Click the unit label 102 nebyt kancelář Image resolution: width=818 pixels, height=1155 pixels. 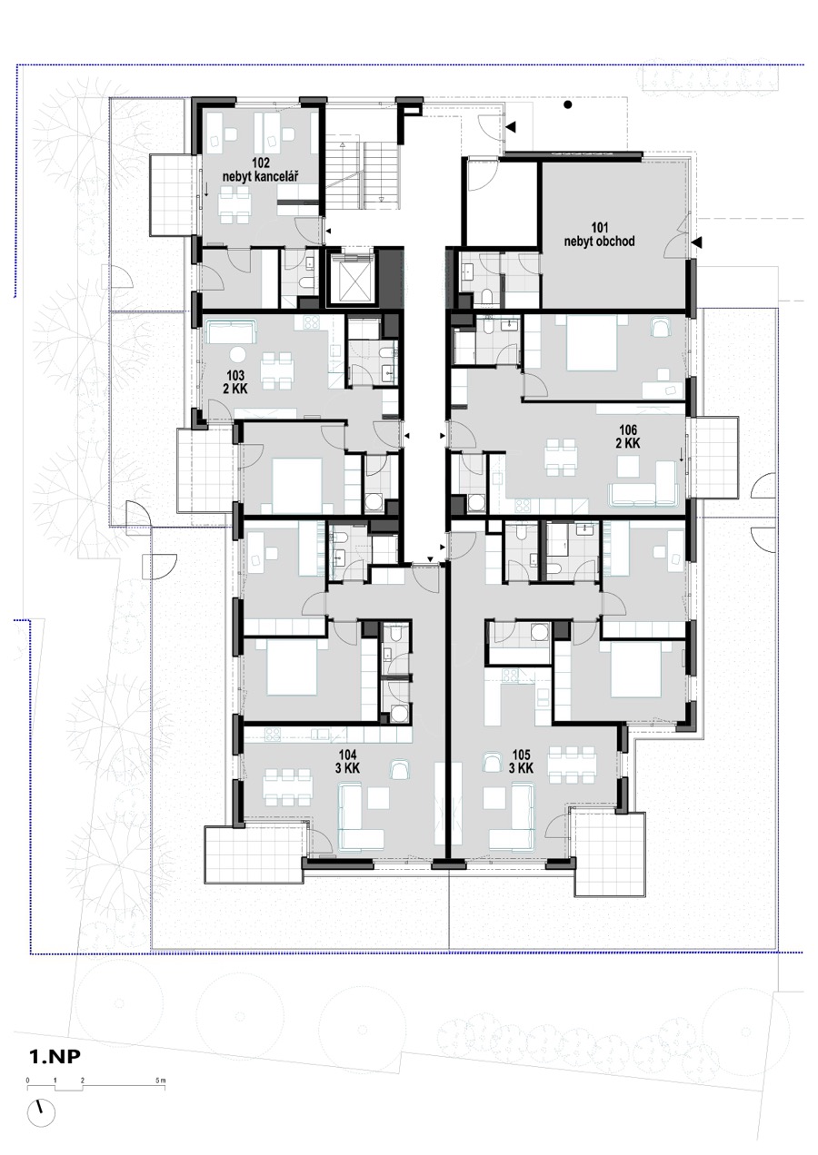pos(261,170)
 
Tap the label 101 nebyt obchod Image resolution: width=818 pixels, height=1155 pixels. pos(599,234)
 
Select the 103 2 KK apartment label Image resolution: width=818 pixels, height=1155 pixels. pos(234,381)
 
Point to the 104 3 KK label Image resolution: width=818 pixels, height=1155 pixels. pos(347,762)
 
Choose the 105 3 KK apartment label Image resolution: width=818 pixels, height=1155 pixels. pos(521,762)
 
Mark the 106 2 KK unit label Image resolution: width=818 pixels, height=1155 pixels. pos(627,436)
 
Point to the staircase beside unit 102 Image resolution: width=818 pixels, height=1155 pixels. pos(364,174)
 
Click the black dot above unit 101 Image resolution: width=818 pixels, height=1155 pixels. pos(568,104)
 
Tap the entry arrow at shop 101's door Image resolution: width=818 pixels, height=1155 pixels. pos(697,242)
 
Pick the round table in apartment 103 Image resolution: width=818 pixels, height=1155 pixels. pos(239,355)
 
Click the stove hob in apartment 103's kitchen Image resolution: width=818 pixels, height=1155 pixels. pos(311,322)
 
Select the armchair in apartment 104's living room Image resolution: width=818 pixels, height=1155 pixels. pos(399,769)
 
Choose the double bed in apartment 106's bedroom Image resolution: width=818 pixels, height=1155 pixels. pos(592,343)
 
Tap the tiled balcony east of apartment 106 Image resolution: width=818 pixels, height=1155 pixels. pos(713,457)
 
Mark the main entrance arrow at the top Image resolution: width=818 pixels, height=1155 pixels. pos(511,126)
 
